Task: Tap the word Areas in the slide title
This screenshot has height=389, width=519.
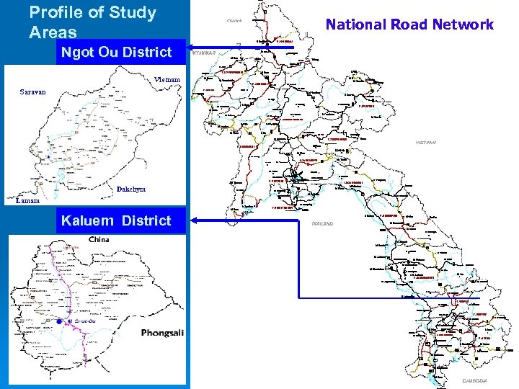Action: pos(53,32)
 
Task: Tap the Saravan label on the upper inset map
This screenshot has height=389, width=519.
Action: pos(32,92)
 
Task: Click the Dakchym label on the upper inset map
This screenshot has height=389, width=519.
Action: pos(130,189)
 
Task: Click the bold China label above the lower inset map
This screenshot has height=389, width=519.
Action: pos(104,239)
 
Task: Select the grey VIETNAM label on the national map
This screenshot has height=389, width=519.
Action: pos(425,143)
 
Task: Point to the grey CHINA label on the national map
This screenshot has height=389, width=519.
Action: pos(234,21)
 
